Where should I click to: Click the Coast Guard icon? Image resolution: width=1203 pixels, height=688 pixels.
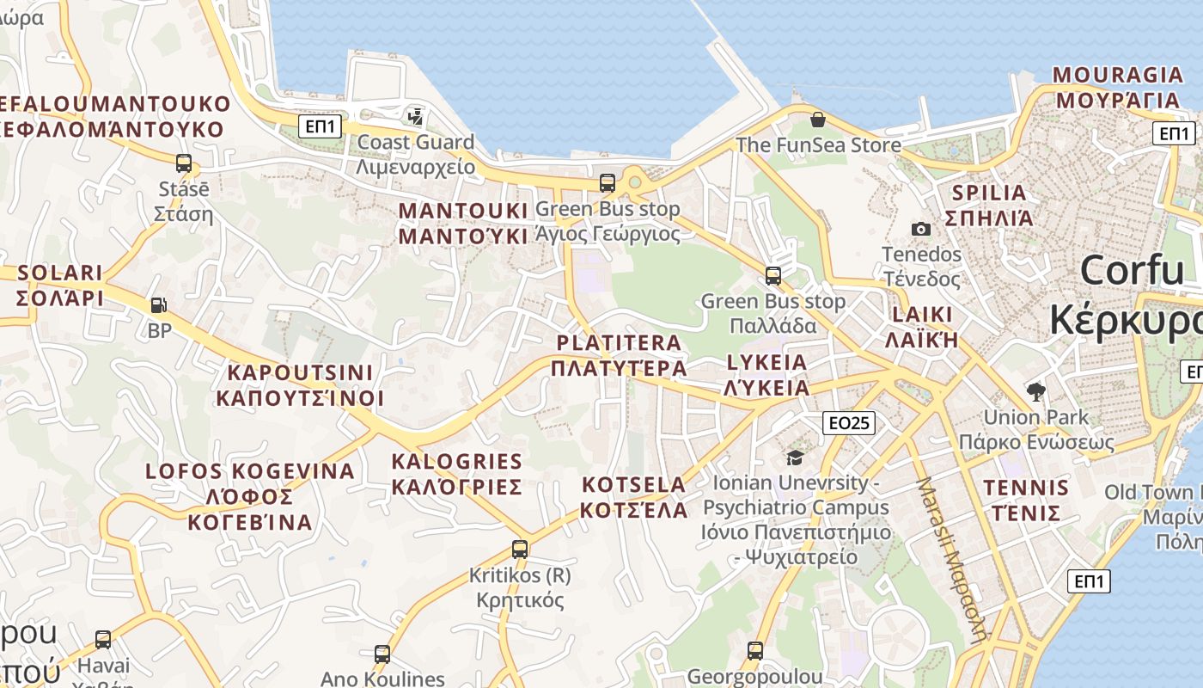416,115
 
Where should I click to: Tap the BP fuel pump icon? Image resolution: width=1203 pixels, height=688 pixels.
158,304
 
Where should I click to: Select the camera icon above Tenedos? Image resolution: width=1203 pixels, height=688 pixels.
920,229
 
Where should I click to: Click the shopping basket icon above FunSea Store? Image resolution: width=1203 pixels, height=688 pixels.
817,119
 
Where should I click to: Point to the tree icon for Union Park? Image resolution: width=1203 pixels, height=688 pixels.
1036,392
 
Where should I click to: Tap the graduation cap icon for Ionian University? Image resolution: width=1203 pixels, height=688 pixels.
795,458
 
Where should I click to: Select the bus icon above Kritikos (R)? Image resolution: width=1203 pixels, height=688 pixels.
519,549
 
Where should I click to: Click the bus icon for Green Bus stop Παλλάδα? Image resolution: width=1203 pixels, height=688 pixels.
773,275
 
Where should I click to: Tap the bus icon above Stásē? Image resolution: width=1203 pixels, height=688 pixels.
183,163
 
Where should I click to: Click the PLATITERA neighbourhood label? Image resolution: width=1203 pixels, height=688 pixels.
619,355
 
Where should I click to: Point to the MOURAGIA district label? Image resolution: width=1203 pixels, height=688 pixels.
1117,87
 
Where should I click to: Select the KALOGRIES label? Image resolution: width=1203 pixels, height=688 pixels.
456,474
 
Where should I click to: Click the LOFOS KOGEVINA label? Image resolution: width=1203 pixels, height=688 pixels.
249,496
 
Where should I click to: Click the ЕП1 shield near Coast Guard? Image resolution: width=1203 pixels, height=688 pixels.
321,127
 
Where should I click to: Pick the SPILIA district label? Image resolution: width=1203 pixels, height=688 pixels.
989,205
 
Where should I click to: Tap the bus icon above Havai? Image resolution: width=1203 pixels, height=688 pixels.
103,639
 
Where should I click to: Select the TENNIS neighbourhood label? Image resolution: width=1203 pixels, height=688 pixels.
1026,501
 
